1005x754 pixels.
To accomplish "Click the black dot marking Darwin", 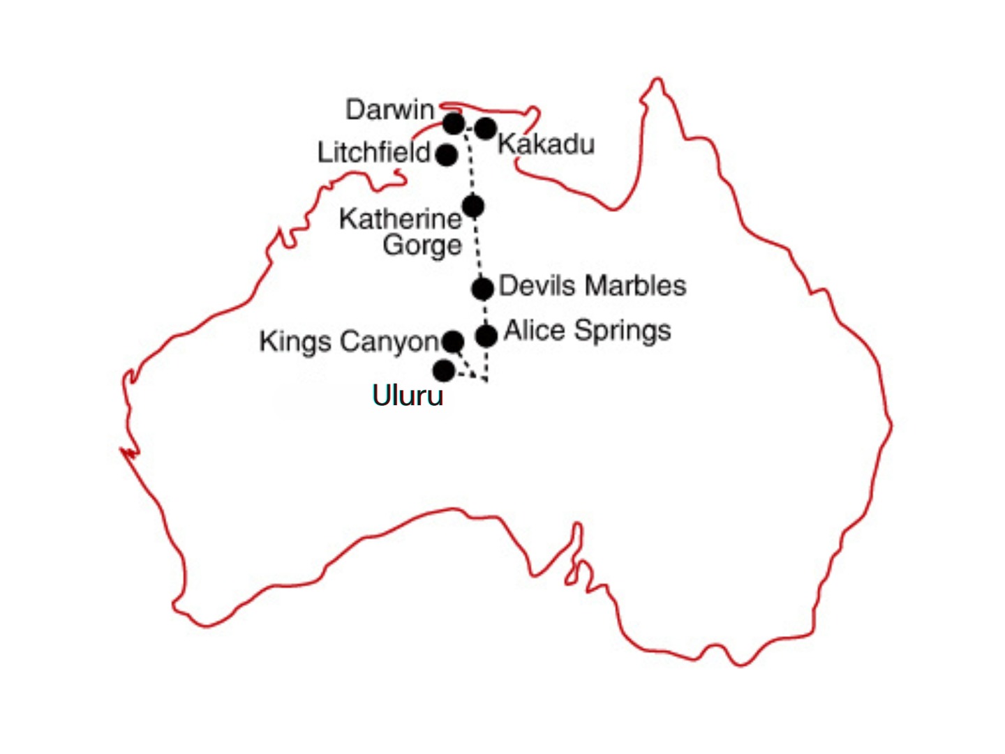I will pyautogui.click(x=454, y=124).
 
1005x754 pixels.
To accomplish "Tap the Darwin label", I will pyautogui.click(x=389, y=110).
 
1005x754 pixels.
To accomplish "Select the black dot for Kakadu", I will pyautogui.click(x=486, y=128).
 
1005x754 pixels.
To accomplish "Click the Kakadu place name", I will pyautogui.click(x=546, y=144).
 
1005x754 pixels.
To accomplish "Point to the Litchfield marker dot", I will pyautogui.click(x=447, y=154).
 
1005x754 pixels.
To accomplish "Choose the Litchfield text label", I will pyautogui.click(x=373, y=152).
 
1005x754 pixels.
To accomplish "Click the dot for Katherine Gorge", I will pyautogui.click(x=473, y=206).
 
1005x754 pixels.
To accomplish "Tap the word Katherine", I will pyautogui.click(x=400, y=219).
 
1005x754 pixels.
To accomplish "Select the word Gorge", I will pyautogui.click(x=422, y=245).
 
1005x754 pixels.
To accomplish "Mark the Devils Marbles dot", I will pyautogui.click(x=482, y=288).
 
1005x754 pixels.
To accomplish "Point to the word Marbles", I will pyautogui.click(x=635, y=285).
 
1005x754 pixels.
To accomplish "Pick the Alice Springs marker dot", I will pyautogui.click(x=486, y=335).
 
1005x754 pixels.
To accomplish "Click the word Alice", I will pyautogui.click(x=534, y=330).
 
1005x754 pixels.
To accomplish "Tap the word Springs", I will pyautogui.click(x=622, y=331).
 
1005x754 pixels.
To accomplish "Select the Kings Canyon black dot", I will pyautogui.click(x=453, y=342).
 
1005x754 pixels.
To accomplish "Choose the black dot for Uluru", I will pyautogui.click(x=444, y=370).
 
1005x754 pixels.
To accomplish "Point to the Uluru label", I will pyautogui.click(x=408, y=395).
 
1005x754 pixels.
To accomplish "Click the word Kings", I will pyautogui.click(x=295, y=342).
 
